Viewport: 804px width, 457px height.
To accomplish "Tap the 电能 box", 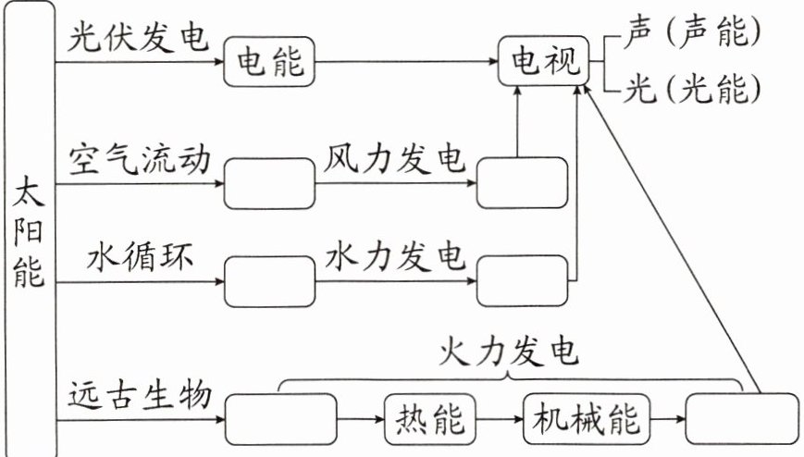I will [270, 63].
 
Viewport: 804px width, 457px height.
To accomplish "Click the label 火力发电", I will [510, 352].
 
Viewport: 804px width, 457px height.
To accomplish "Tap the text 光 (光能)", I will [692, 89].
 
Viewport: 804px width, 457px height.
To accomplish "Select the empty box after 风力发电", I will [521, 182].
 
